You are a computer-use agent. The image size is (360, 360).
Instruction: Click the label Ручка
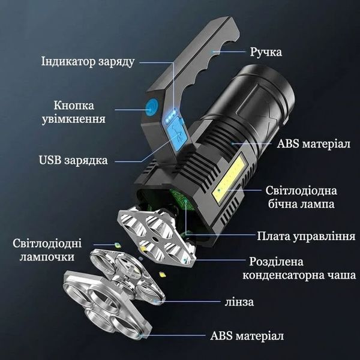tap(266, 52)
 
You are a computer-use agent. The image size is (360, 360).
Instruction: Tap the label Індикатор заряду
tap(88, 62)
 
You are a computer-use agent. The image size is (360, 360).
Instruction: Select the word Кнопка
tap(74, 106)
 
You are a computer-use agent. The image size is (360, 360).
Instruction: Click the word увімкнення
tap(73, 119)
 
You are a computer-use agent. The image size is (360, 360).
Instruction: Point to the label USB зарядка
tap(73, 160)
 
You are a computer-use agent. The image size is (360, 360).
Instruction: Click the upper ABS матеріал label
tap(314, 144)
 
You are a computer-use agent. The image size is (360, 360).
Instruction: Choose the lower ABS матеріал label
tap(247, 335)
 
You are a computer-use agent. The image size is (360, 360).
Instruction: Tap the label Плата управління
tap(306, 236)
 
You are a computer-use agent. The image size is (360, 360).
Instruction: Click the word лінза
tap(239, 302)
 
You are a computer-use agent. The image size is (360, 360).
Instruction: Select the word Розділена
tap(276, 262)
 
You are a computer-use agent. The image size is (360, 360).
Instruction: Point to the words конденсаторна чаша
tap(299, 275)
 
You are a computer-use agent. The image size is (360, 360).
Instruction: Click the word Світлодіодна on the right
tap(301, 191)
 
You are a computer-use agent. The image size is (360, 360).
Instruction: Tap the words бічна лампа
tap(301, 204)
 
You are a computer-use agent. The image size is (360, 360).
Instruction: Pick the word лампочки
tap(47, 257)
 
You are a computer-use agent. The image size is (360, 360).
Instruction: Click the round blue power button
tap(152, 107)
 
